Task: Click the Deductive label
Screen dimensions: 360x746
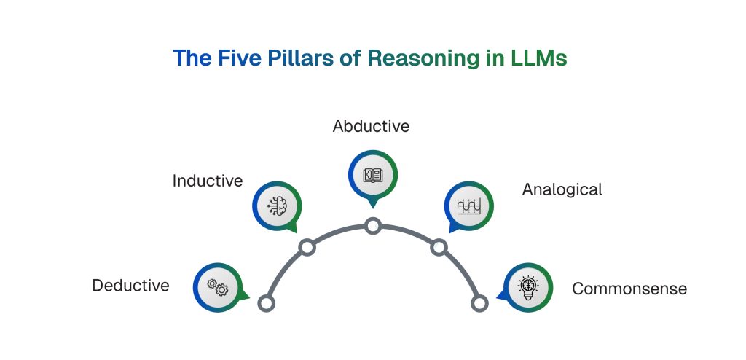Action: coord(130,286)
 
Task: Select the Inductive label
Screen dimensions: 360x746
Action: coord(208,181)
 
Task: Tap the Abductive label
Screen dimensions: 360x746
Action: coord(371,126)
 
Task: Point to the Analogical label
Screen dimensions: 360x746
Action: coord(562,189)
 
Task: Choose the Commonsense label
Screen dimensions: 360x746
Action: coord(629,289)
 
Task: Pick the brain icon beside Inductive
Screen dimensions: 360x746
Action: coord(277,206)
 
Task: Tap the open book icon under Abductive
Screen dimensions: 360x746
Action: coord(372,175)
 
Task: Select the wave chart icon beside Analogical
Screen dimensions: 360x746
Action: coord(468,206)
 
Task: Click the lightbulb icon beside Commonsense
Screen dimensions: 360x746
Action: coord(528,287)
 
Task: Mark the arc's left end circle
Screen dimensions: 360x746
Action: coord(267,303)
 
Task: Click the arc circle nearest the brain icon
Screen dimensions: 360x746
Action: coord(307,248)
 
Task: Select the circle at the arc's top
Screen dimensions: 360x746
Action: coord(373,226)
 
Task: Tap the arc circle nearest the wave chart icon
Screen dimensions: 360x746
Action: coord(439,248)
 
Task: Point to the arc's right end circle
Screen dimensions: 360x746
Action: coord(479,303)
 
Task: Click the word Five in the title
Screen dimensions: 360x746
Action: coord(236,58)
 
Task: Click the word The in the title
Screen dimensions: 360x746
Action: coord(192,58)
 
